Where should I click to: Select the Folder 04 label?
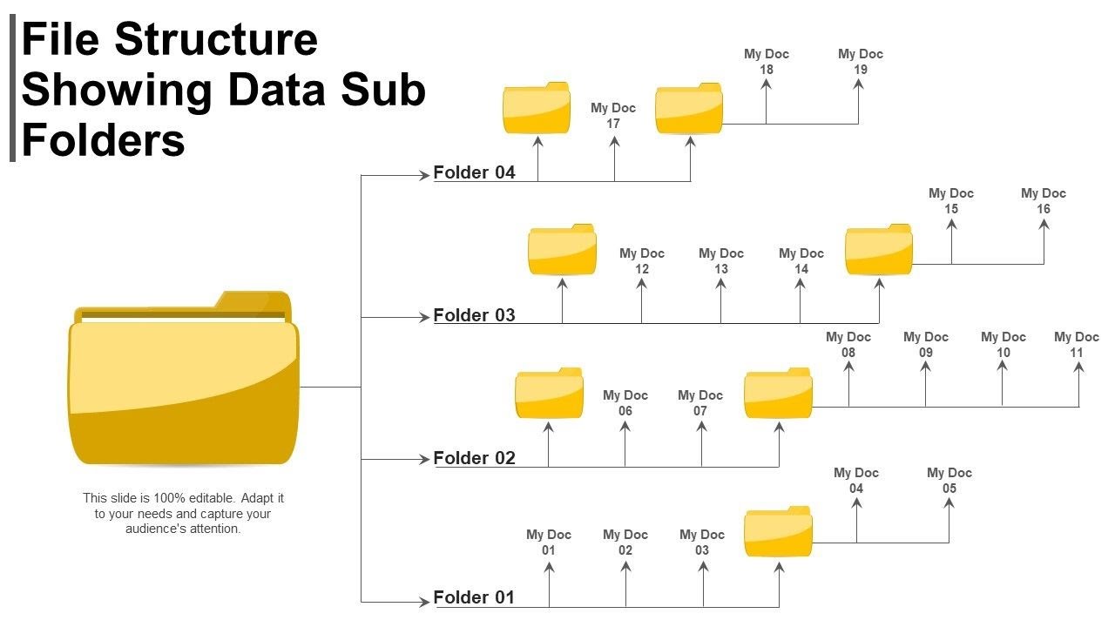point(474,172)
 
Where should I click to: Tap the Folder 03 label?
point(474,315)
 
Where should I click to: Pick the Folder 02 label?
point(474,458)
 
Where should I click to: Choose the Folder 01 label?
point(474,597)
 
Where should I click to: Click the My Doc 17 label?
point(613,116)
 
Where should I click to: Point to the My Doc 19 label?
point(860,62)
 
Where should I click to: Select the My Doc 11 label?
point(1077,345)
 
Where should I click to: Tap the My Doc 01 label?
point(549,542)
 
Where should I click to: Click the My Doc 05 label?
point(949,481)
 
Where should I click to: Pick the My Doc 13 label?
point(721,261)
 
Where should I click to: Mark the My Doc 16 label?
point(1044,201)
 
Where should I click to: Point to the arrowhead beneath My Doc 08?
point(848,367)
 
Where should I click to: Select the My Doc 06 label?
point(625,403)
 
